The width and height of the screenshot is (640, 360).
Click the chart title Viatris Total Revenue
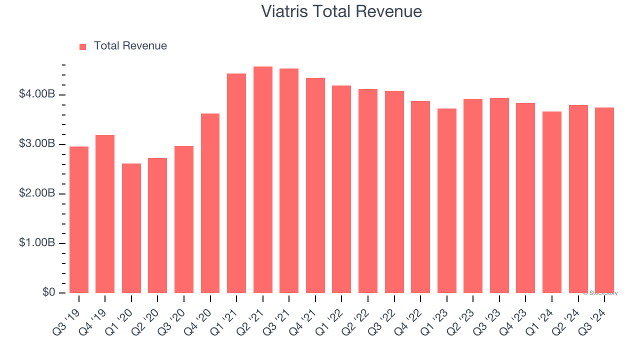point(341,11)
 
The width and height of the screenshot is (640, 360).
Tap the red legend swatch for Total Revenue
point(82,46)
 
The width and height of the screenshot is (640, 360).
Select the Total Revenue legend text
point(130,46)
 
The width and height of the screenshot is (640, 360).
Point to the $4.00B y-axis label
point(36,94)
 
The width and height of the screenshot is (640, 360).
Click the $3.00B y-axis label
point(36,144)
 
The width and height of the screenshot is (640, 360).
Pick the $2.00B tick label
point(36,193)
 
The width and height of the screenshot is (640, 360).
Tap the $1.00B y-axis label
point(36,243)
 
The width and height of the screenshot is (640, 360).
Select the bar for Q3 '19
point(79,220)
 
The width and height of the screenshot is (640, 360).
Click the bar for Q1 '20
point(131,228)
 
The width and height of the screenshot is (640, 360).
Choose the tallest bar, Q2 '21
point(263,180)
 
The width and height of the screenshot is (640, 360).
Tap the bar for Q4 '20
point(210,203)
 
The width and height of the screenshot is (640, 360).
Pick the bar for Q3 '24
point(604,200)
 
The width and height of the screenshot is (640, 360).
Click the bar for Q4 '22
point(420,197)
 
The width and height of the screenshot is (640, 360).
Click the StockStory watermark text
point(600,293)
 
